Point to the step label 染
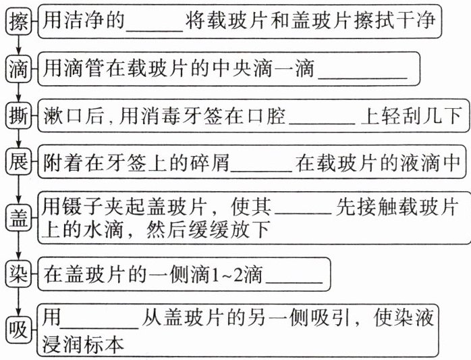[x=18, y=274]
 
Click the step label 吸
[x=18, y=330]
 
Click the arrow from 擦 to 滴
[x=18, y=47]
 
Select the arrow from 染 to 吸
[x=18, y=301]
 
